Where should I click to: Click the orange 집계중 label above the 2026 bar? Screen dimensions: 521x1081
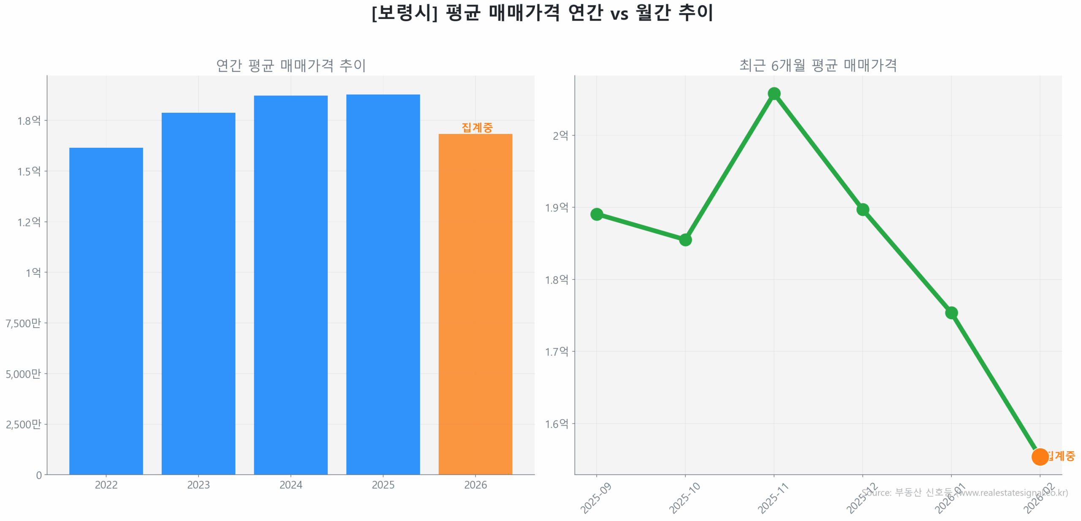pyautogui.click(x=477, y=127)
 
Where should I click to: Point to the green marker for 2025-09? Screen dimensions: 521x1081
pyautogui.click(x=596, y=214)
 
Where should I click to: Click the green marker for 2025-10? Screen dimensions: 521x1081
pyautogui.click(x=685, y=240)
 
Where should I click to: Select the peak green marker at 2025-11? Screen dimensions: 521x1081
pyautogui.click(x=774, y=93)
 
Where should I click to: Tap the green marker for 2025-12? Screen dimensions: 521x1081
pyautogui.click(x=862, y=209)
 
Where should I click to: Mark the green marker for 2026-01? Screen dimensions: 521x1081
pyautogui.click(x=951, y=312)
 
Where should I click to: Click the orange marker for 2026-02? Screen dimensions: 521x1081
pyautogui.click(x=1039, y=456)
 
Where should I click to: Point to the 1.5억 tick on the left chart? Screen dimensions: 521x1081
pyautogui.click(x=29, y=171)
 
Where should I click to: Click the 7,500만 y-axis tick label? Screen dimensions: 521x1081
pyautogui.click(x=23, y=323)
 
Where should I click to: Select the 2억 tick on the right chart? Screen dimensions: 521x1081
pyautogui.click(x=560, y=135)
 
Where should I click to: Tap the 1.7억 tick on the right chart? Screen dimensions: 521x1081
pyautogui.click(x=557, y=351)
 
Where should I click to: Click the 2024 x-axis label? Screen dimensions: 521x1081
pyautogui.click(x=291, y=485)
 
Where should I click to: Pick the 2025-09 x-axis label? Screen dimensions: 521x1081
pyautogui.click(x=595, y=498)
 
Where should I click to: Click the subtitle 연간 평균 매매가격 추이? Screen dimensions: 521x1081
pyautogui.click(x=291, y=65)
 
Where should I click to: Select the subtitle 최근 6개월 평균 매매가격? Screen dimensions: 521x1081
pyautogui.click(x=818, y=65)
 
